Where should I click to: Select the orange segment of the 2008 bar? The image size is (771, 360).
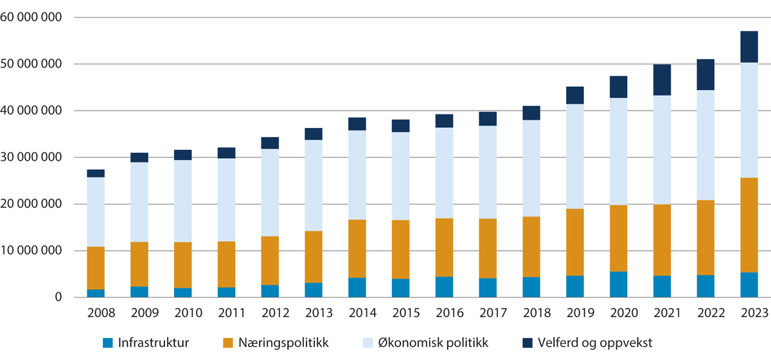96,268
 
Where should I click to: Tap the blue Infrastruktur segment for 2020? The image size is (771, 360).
619,284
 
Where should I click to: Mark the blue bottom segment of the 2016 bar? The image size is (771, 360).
444,287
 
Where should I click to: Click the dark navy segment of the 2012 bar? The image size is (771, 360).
270,143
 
